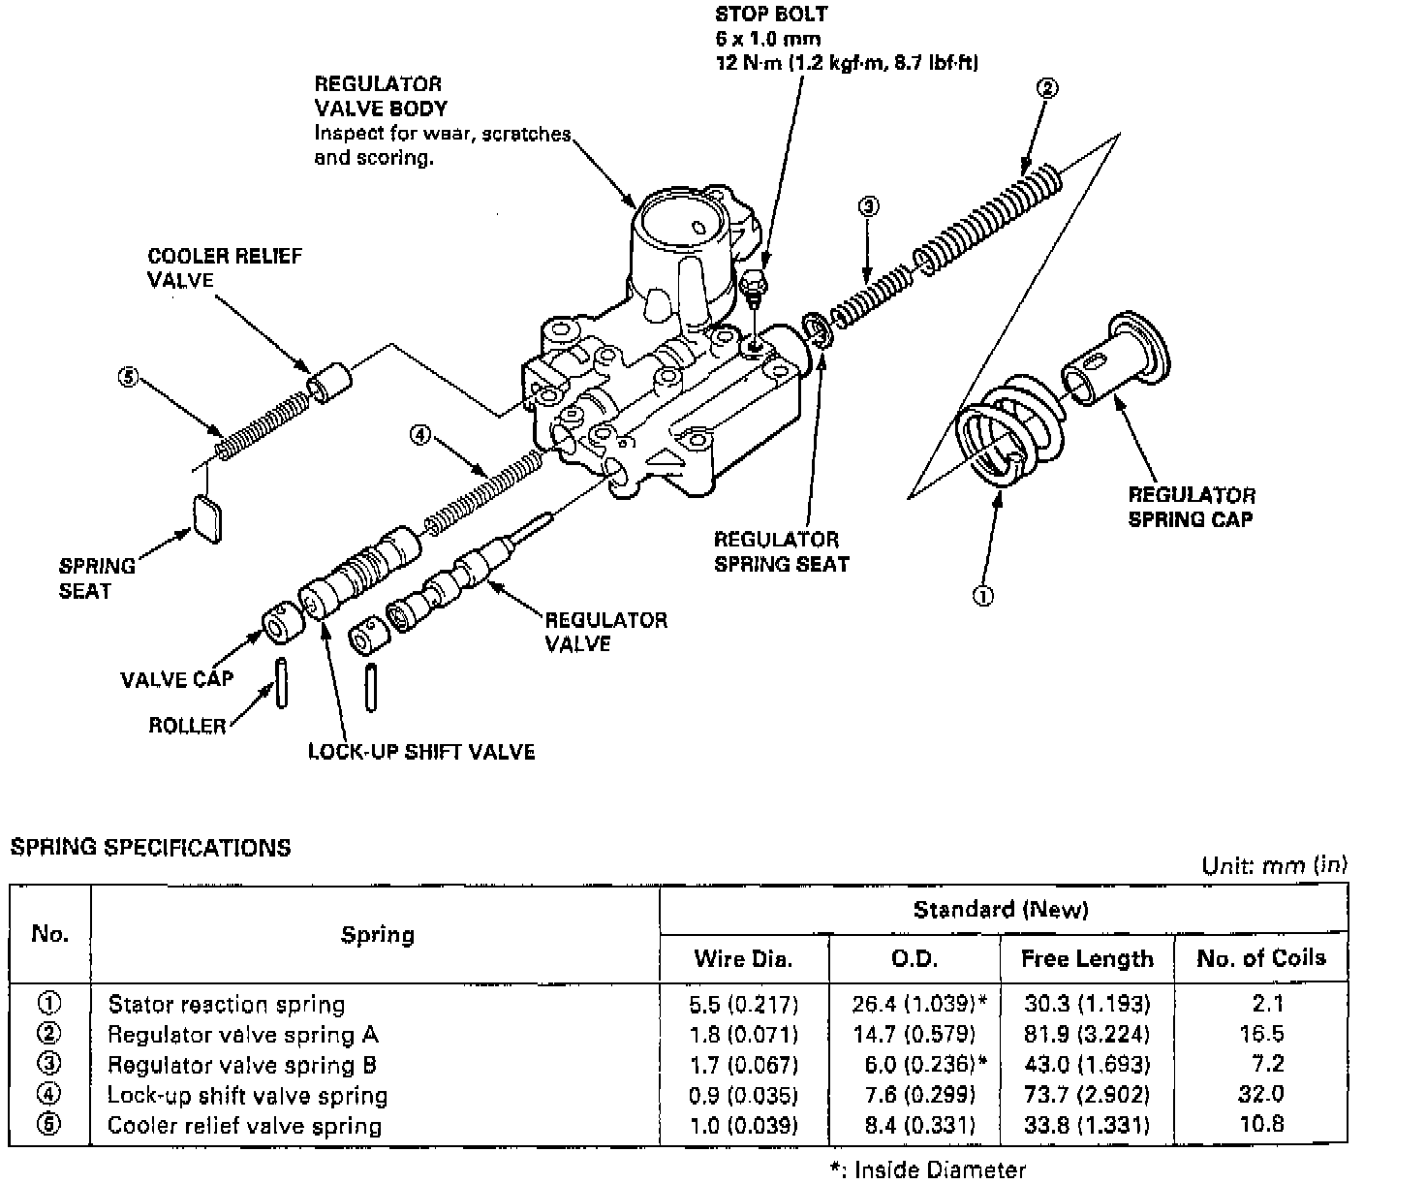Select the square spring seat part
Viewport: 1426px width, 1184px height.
207,517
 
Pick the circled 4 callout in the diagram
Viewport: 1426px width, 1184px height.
419,435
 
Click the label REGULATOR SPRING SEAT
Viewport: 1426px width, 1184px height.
781,552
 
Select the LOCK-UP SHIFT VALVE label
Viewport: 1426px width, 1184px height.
420,752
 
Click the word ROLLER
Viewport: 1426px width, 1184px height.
187,726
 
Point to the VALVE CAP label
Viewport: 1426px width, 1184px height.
177,679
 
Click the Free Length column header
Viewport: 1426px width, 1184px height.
1087,959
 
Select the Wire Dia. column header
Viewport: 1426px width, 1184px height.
743,959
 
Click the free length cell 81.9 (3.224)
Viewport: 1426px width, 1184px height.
1087,1034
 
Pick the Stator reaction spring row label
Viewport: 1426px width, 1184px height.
226,1004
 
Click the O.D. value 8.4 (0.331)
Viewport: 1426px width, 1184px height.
914,1126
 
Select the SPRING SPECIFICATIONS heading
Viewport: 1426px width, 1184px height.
150,848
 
